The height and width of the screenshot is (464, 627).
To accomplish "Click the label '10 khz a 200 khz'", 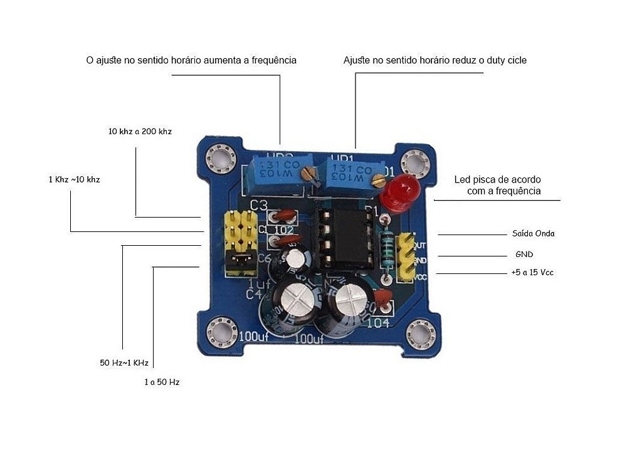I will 140,132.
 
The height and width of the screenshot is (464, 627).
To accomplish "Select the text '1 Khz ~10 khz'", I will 74,179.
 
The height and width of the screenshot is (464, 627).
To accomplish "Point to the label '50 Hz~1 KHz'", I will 124,363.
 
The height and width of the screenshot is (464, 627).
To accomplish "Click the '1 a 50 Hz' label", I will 162,381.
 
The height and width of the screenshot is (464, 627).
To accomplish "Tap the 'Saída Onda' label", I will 533,233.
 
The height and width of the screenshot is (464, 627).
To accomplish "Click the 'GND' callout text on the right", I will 524,255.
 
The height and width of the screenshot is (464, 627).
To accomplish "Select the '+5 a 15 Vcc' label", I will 532,272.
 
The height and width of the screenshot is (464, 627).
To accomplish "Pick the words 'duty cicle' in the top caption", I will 507,61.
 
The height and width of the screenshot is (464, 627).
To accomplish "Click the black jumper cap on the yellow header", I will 238,258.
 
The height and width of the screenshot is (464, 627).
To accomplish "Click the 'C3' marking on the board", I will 259,206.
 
